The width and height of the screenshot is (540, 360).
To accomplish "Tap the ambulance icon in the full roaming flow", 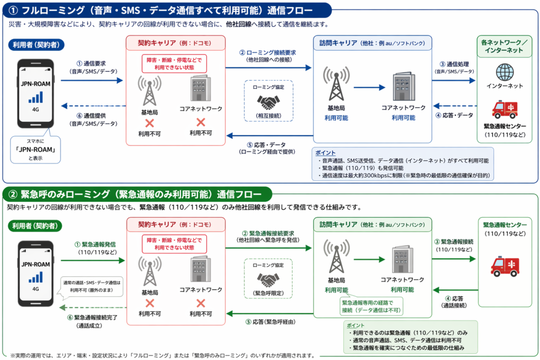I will (505, 109).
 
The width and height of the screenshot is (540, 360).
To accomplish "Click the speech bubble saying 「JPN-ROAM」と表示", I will (35, 149).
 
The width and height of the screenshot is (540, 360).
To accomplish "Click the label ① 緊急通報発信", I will (95, 248).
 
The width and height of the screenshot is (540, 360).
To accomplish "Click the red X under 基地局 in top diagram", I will (149, 122).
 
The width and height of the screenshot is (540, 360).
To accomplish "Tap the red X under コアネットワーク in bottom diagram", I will (201, 303).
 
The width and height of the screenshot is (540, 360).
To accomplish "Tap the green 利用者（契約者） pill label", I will (35, 226).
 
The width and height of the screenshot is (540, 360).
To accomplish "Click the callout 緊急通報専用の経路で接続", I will (371, 306).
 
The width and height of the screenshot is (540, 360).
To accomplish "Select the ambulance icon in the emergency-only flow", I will (505, 266).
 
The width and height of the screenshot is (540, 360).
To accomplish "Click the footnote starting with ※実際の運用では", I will (162, 355).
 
